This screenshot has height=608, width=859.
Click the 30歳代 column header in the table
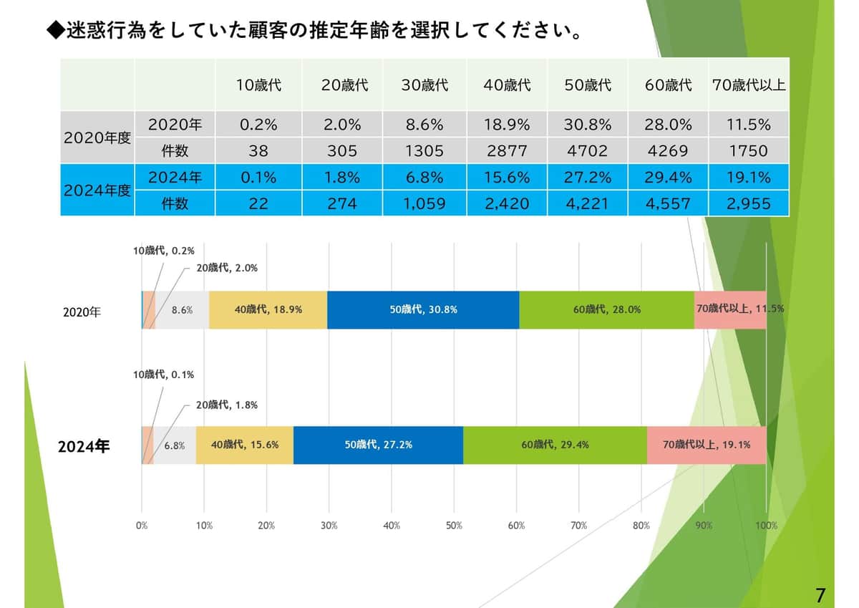pos(424,85)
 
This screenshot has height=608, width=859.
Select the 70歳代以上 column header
pos(749,85)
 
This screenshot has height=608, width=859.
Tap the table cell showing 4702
pos(587,151)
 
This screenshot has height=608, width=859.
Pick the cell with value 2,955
pos(749,204)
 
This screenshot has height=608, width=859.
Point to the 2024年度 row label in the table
pos(97,190)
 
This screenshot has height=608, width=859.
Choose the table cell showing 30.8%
pos(587,125)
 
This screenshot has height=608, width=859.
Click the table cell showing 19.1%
pos(749,178)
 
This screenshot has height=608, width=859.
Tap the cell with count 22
pos(258,204)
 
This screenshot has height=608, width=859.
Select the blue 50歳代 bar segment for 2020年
pos(423,310)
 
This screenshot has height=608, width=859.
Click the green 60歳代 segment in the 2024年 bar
pos(555,445)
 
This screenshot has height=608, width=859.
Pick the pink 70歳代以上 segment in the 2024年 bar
pos(706,445)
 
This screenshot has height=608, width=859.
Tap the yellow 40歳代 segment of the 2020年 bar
pos(268,310)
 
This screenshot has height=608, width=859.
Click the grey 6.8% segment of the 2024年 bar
pos(175,445)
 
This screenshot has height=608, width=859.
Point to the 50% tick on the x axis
pos(454,526)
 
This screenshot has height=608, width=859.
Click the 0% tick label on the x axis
pos(142,526)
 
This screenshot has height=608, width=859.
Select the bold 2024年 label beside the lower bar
pos(84,446)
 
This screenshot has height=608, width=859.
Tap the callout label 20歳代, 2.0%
pos(227,268)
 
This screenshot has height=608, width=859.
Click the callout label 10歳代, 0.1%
pos(163,375)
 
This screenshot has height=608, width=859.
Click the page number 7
pos(820,594)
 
